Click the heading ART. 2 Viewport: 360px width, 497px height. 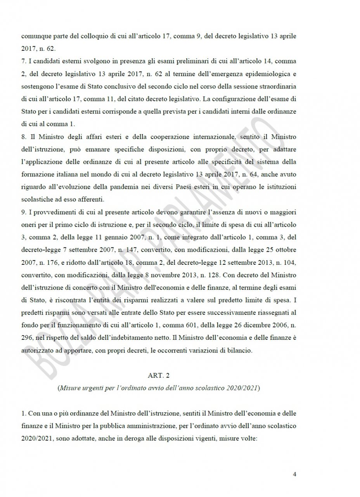point(159,375)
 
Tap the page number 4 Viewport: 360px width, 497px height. point(294,474)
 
